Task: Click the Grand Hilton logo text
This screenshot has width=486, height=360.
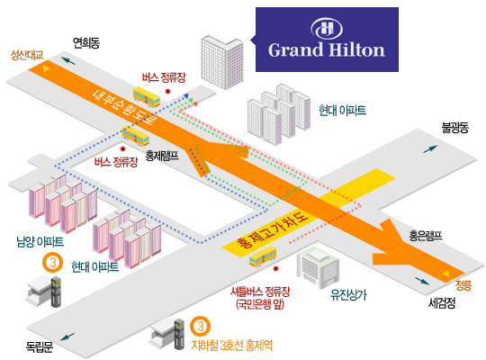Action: click(x=327, y=49)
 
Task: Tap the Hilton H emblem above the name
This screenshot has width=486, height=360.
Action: click(x=327, y=29)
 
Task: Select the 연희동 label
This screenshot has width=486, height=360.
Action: click(x=86, y=42)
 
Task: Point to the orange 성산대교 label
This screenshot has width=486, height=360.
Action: click(x=27, y=55)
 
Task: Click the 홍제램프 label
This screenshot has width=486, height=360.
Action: click(x=162, y=155)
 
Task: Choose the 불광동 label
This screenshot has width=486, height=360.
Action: click(x=455, y=127)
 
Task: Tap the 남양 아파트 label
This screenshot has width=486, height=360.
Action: click(x=40, y=241)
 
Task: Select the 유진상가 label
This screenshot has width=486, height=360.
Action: click(x=348, y=294)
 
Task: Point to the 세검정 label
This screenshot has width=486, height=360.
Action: click(x=442, y=302)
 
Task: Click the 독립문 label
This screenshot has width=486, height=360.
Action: click(x=40, y=346)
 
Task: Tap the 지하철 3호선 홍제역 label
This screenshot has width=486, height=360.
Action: click(x=232, y=345)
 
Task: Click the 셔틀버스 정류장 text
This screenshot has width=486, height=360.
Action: click(x=260, y=292)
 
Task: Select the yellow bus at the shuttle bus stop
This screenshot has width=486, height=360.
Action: click(x=263, y=256)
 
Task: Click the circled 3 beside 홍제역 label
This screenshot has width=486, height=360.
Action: click(x=200, y=326)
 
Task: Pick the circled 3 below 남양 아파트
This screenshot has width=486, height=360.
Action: click(x=53, y=263)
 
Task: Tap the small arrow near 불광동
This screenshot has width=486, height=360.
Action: click(x=430, y=148)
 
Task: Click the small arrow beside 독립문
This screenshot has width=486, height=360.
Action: click(x=67, y=337)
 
